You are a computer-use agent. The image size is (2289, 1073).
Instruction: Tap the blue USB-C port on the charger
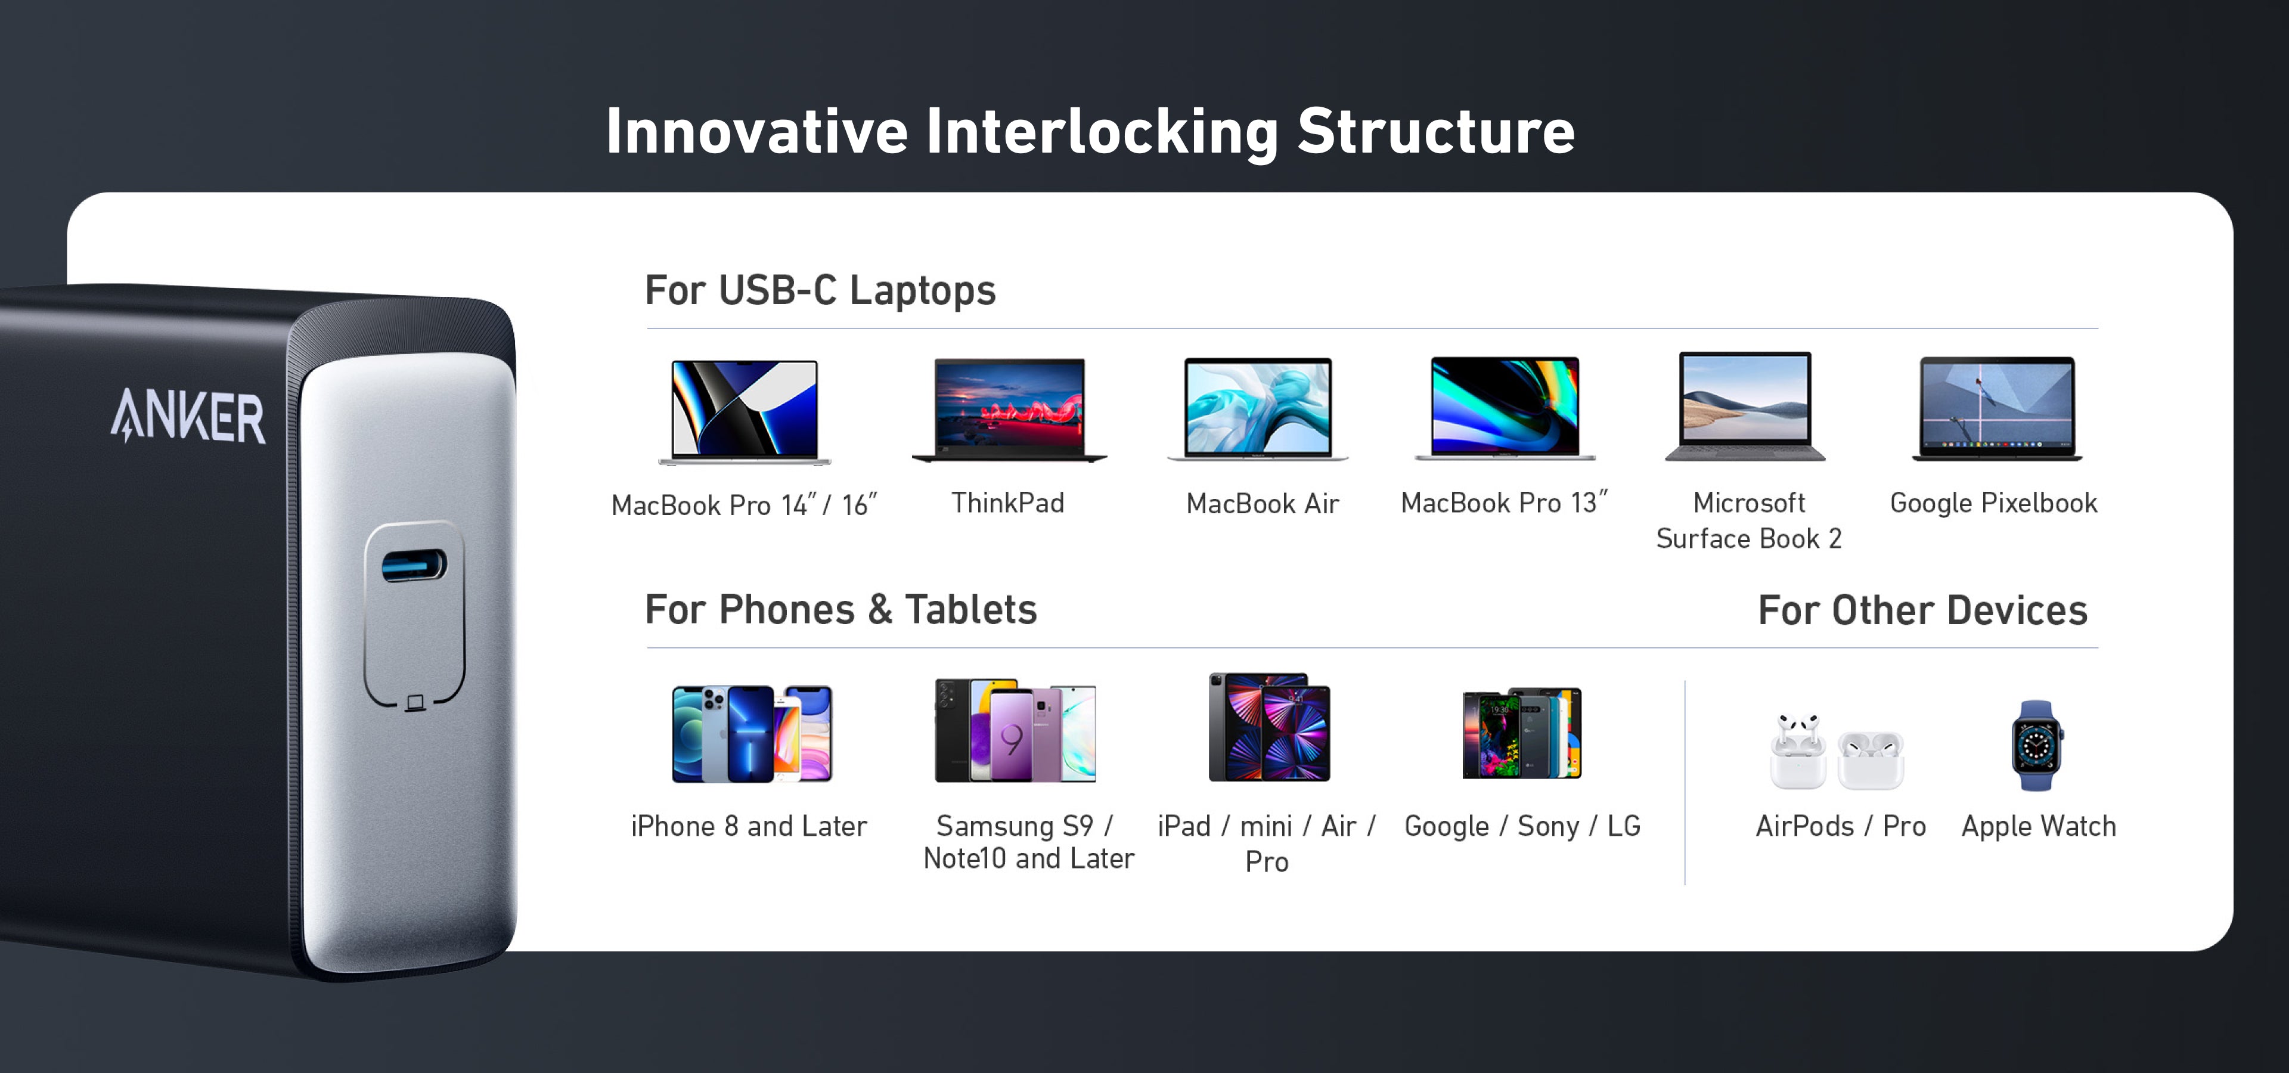pyautogui.click(x=414, y=565)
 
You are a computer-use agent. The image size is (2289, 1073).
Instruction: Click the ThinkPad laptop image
pyautogui.click(x=1009, y=410)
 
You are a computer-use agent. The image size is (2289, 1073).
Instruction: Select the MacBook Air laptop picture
pyautogui.click(x=1258, y=410)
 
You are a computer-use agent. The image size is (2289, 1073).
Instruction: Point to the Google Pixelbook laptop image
pyautogui.click(x=1997, y=408)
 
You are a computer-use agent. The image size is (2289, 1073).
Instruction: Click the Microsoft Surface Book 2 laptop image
pyautogui.click(x=1746, y=407)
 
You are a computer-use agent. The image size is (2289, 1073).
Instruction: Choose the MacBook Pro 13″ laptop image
pyautogui.click(x=1505, y=408)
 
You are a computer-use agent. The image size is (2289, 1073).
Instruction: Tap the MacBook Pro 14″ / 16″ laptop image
pyautogui.click(x=745, y=412)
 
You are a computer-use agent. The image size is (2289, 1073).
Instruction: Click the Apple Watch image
pyautogui.click(x=2037, y=745)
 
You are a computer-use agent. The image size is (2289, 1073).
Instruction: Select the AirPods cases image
pyautogui.click(x=1837, y=752)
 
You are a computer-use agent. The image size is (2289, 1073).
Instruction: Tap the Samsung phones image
pyautogui.click(x=1015, y=731)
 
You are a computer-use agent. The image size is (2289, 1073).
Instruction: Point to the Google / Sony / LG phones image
pyautogui.click(x=1522, y=733)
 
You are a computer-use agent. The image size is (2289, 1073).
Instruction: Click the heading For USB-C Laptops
pyautogui.click(x=820, y=290)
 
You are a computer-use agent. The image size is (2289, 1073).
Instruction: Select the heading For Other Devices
pyautogui.click(x=1923, y=610)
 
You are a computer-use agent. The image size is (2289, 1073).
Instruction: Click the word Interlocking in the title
pyautogui.click(x=1102, y=132)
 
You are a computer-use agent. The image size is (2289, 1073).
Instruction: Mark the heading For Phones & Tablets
pyautogui.click(x=840, y=609)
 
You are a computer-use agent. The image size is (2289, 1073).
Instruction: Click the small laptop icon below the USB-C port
pyautogui.click(x=415, y=703)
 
